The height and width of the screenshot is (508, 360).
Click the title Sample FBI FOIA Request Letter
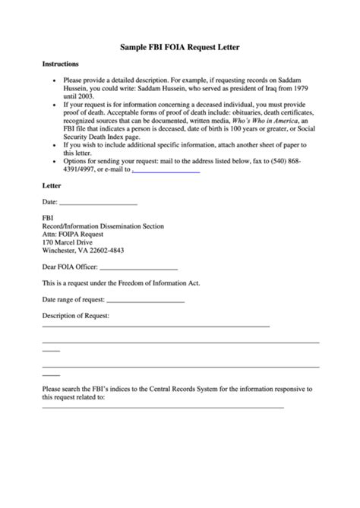pyautogui.click(x=180, y=47)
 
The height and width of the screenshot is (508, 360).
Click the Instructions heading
pyautogui.click(x=60, y=64)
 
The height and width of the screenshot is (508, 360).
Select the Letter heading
pyautogui.click(x=52, y=185)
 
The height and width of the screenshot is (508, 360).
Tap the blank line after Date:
pyautogui.click(x=98, y=204)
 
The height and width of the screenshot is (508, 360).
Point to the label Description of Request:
pyautogui.click(x=75, y=314)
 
